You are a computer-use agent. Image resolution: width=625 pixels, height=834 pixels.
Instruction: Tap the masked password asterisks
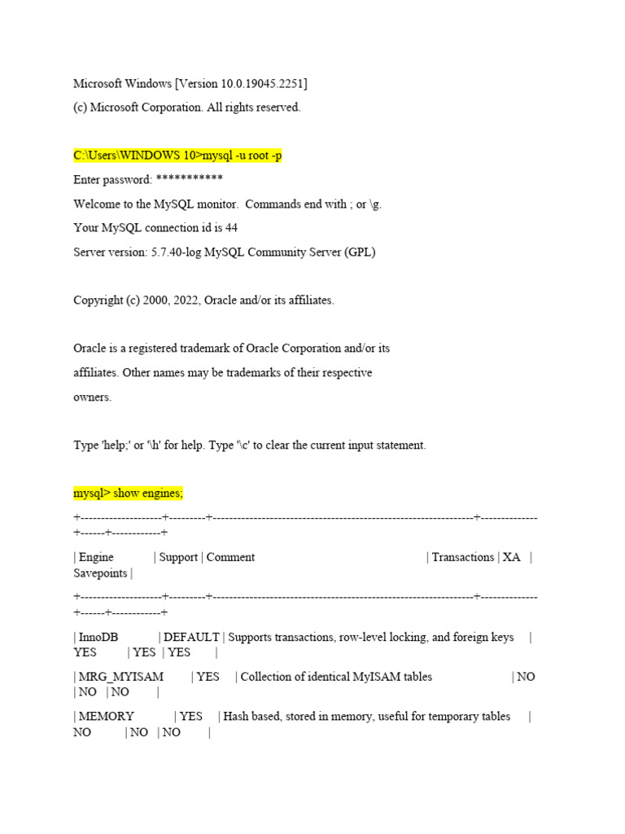[189, 179]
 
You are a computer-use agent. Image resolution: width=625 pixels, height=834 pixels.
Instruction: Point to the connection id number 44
[231, 227]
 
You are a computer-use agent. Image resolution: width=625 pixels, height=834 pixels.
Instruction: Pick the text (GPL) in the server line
[359, 252]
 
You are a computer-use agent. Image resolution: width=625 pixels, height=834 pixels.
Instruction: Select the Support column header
[178, 557]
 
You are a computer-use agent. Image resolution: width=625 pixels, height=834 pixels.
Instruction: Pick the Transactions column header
[462, 557]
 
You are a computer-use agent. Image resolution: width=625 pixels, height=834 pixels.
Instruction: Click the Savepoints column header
[100, 573]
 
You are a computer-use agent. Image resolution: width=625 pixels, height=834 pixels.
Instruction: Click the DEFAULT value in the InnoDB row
[191, 637]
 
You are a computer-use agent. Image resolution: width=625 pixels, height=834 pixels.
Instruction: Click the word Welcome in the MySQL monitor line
[98, 204]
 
